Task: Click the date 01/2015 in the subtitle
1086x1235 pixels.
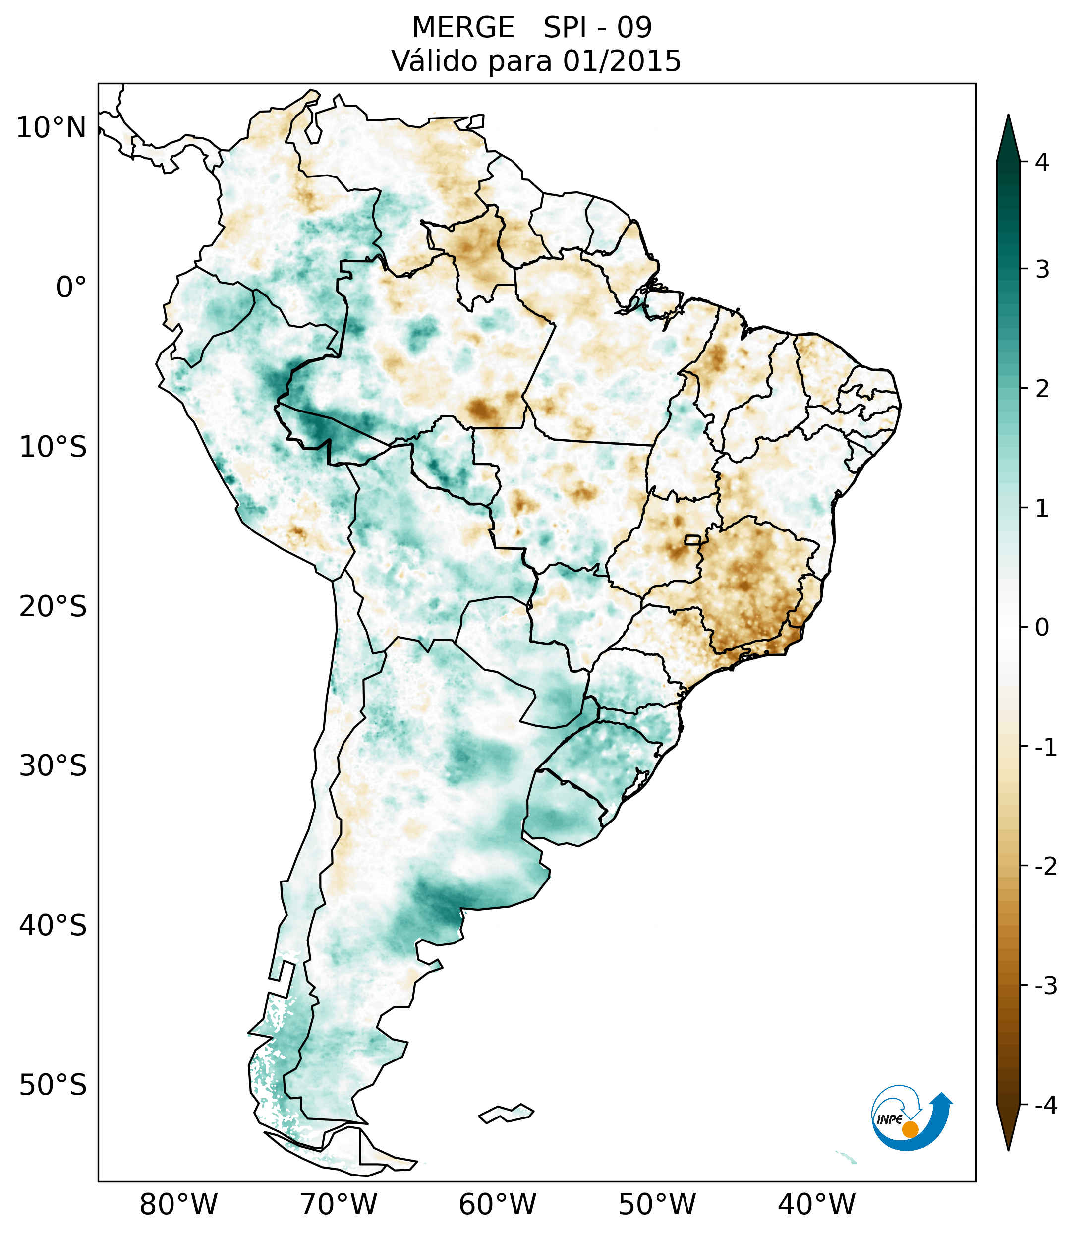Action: [x=622, y=61]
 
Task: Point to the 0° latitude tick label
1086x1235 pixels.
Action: [x=71, y=288]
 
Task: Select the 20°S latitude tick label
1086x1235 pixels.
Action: [x=53, y=607]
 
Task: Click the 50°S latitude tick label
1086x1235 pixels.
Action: [x=53, y=1086]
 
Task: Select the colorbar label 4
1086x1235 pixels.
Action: [x=1042, y=162]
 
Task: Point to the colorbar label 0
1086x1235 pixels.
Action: [x=1042, y=628]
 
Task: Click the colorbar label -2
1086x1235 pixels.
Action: [x=1045, y=867]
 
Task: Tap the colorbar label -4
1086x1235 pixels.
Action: [x=1045, y=1106]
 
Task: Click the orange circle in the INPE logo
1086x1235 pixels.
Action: [x=910, y=1129]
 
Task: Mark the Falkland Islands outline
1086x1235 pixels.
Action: [x=506, y=1113]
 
